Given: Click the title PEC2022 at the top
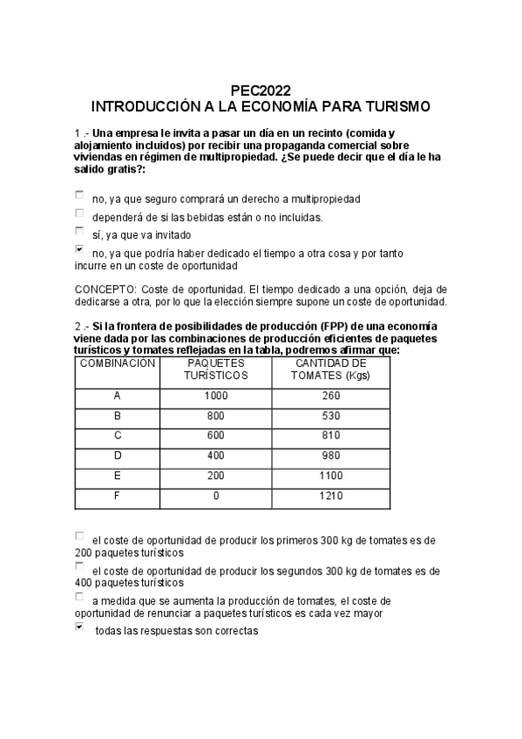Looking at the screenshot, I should tap(261, 90).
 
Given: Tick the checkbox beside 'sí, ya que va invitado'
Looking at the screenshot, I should tap(80, 232).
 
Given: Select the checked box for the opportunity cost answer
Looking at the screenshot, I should tap(80, 249).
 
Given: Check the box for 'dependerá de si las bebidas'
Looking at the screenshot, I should tap(80, 214).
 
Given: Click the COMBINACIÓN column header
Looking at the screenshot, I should tap(118, 363).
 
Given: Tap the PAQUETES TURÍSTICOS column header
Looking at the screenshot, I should tap(216, 369).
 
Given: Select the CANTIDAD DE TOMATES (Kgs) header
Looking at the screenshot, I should tap(331, 369).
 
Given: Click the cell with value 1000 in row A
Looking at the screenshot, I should tap(216, 396).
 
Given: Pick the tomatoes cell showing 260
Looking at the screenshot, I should tap(331, 396).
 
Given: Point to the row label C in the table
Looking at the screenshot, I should tap(118, 435).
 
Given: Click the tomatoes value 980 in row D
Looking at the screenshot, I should tap(331, 455).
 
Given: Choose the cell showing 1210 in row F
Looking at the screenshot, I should tap(331, 495).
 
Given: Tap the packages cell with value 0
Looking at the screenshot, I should tap(216, 495).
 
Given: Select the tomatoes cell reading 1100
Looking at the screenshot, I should tap(331, 475).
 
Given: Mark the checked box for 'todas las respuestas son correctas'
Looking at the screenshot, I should tap(80, 627).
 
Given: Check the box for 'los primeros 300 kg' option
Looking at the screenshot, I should tap(80, 537).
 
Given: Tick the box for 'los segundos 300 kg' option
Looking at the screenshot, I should tap(80, 566).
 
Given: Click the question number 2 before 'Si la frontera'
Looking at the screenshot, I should tap(78, 327).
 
